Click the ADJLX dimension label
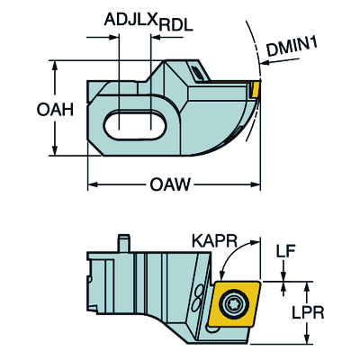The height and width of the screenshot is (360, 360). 131,20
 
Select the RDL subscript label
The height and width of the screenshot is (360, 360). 176,26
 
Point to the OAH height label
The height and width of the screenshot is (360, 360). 55,110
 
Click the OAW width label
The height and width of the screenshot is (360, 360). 170,184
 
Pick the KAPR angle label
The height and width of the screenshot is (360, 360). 214,240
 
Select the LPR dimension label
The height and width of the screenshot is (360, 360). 308,312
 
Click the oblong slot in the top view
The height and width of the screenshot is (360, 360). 135,125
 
